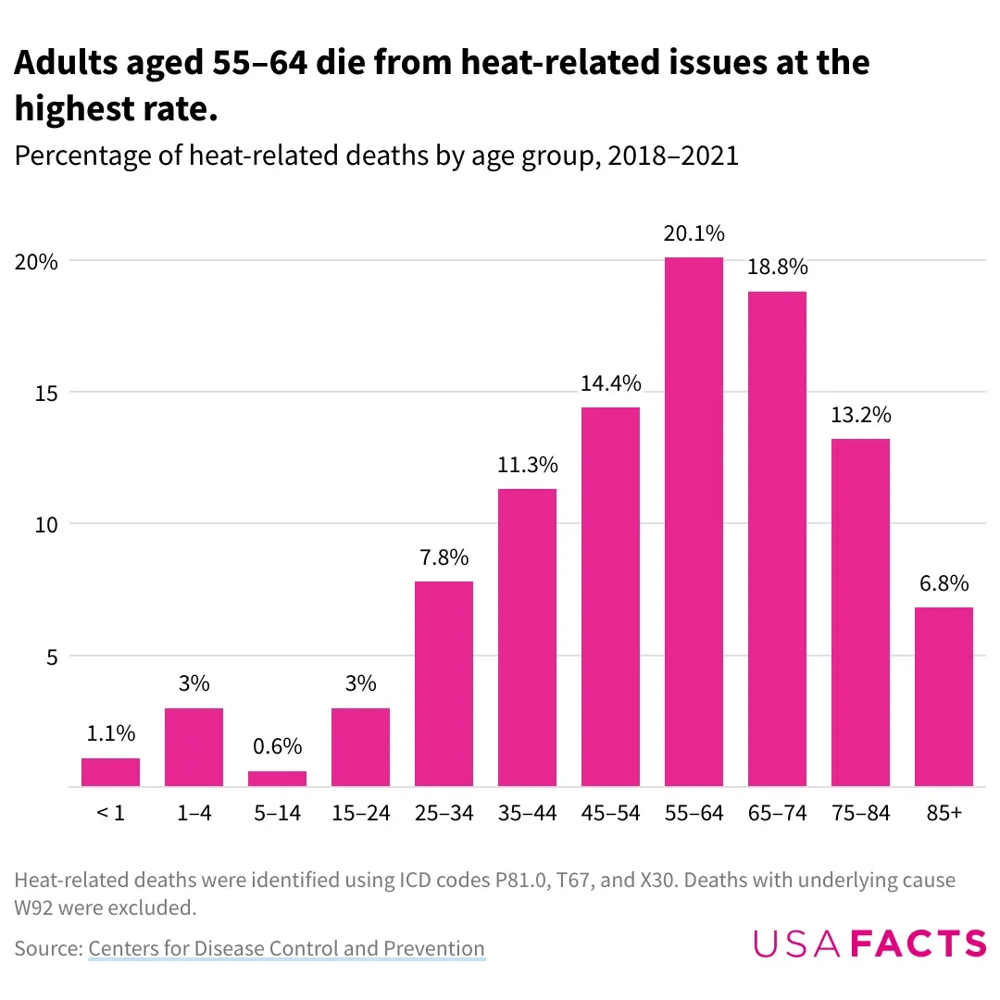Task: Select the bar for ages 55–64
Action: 694,523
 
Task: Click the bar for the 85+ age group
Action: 943,697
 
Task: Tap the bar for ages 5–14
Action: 277,779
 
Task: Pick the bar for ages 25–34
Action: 444,684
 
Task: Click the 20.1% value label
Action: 694,233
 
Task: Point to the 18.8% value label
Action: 777,268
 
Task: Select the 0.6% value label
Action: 277,747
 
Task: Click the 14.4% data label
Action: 610,383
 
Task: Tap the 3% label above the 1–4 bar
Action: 194,684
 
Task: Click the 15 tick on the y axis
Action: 46,393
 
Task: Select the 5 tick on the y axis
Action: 52,656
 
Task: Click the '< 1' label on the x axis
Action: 110,813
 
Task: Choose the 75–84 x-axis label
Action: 860,813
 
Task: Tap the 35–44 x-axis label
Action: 527,813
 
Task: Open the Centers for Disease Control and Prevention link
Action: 286,948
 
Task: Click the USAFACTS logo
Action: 869,943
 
